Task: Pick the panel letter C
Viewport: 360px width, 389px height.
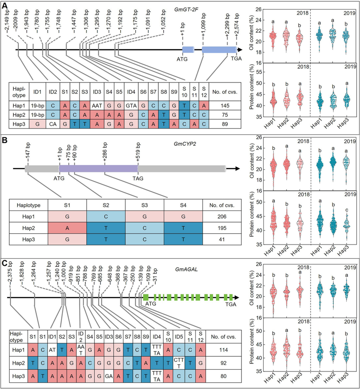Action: coord(6,265)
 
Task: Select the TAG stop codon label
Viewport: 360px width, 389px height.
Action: coord(139,178)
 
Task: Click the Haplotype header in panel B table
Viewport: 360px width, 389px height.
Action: coord(30,206)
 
